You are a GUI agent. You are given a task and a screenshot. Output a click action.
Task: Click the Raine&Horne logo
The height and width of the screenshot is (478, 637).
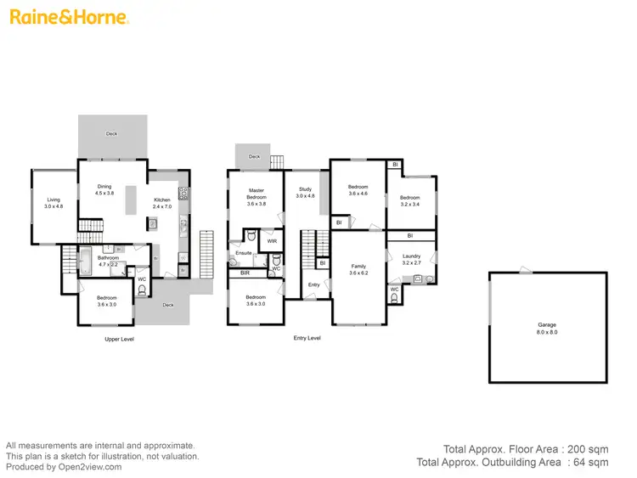pos(68,17)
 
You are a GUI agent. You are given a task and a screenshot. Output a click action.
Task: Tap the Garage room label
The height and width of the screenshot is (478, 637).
pos(547,324)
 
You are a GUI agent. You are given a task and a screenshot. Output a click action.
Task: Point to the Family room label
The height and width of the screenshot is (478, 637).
pos(358,267)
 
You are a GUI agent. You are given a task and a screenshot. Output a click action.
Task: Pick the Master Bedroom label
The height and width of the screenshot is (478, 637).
pos(256,194)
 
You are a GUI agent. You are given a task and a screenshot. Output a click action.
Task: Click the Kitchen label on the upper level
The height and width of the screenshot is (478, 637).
pos(161,201)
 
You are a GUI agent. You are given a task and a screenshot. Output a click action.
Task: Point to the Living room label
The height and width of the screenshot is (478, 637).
pos(54,200)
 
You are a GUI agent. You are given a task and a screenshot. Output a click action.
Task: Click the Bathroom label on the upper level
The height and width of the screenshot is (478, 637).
pos(108,257)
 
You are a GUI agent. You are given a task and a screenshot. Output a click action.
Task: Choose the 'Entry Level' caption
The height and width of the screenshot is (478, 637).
pos(307,338)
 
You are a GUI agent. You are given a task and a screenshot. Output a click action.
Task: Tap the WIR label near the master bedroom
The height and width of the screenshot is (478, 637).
pos(272,241)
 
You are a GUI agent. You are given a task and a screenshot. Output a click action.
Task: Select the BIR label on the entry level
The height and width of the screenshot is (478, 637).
pos(244,273)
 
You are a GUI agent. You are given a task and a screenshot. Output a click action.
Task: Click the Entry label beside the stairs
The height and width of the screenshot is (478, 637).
pos(314,284)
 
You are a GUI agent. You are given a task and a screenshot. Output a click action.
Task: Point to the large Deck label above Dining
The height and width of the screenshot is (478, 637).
pos(111,133)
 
